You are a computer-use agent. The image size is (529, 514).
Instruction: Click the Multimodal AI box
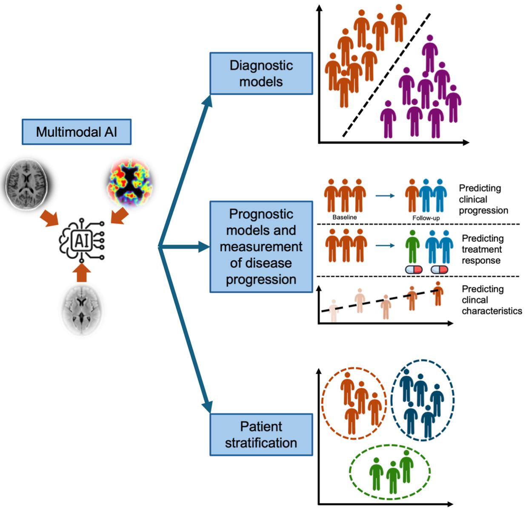(x=77, y=132)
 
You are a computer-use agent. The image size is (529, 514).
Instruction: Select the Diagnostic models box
(x=261, y=73)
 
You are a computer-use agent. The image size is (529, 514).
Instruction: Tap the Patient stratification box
(x=261, y=434)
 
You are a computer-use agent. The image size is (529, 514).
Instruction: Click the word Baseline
(x=345, y=217)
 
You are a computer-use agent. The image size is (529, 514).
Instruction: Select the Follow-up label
(x=426, y=218)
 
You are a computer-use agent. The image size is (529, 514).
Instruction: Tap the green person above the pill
(x=412, y=246)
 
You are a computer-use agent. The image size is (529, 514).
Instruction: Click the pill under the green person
(x=414, y=269)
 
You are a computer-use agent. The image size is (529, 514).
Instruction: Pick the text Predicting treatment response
(x=483, y=249)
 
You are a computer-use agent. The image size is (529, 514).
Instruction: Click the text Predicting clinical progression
(x=483, y=199)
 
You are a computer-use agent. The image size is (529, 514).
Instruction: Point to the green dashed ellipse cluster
(x=390, y=472)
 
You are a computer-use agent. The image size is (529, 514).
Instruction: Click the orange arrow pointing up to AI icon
(x=82, y=273)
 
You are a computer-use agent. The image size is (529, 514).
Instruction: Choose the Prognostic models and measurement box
(x=261, y=247)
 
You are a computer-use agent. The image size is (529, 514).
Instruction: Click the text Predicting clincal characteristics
(x=491, y=300)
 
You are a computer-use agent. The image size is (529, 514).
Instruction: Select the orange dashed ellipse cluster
(x=354, y=403)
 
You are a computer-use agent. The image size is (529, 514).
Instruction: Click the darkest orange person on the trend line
(x=438, y=293)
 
